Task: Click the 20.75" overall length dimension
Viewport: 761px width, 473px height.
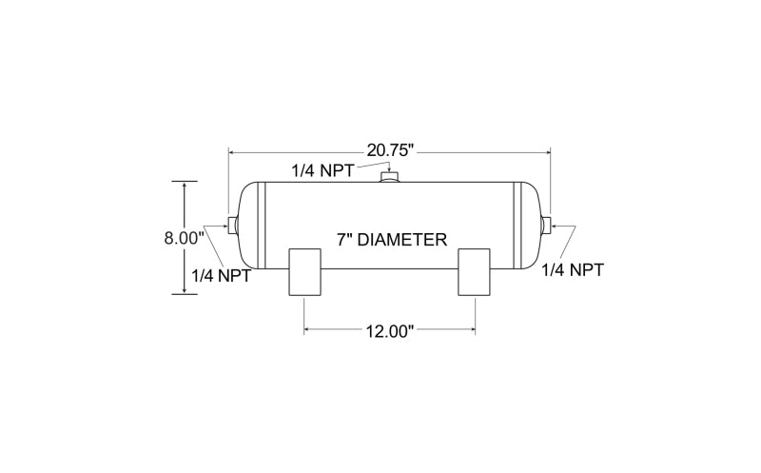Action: coord(390,150)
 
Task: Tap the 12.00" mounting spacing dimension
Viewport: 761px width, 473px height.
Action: coord(389,332)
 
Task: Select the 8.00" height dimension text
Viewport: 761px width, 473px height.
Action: coord(184,239)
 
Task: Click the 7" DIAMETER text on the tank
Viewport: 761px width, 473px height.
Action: coord(392,240)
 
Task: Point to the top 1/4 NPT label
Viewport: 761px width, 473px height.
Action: coord(322,171)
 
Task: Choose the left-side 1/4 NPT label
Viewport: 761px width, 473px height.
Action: coord(222,276)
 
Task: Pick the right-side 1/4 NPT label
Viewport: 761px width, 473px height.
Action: coord(573,269)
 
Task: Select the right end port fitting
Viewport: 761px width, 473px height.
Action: coord(546,225)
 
